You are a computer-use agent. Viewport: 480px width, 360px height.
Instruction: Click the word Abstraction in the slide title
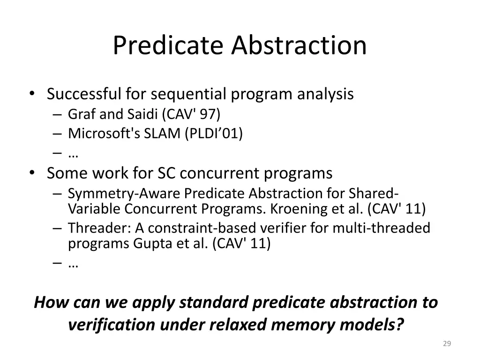298,45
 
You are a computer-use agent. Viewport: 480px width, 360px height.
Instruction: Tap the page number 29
447,344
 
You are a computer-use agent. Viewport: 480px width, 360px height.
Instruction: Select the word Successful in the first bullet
84,94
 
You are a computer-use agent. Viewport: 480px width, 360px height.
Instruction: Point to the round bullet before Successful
31,95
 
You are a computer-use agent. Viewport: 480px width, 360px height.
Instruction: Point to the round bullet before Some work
31,173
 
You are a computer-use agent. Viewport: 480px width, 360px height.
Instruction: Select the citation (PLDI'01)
214,134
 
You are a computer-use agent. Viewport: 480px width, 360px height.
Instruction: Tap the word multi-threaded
381,228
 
